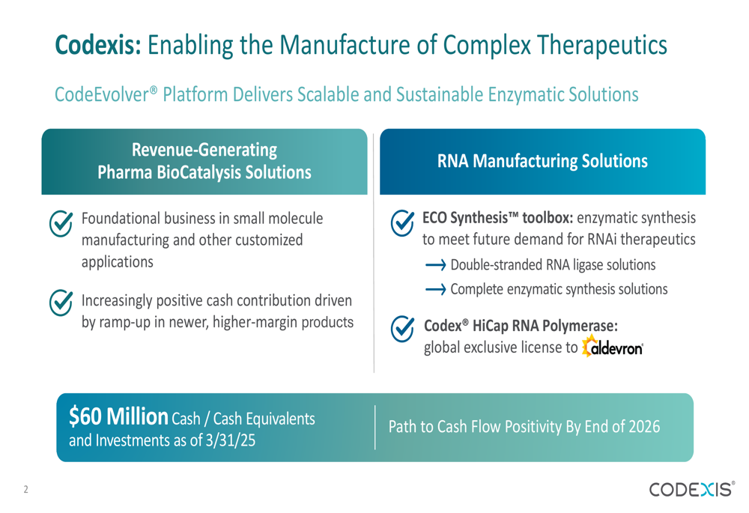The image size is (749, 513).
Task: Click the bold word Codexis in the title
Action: [x=97, y=46]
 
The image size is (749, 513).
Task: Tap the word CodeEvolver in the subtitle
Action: [x=102, y=94]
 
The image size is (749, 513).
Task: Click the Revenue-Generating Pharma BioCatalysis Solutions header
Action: [x=204, y=162]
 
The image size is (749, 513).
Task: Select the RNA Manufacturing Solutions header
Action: [x=542, y=162]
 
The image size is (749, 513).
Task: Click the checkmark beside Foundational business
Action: [x=61, y=223]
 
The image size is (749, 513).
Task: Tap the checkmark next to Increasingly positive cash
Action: [x=61, y=303]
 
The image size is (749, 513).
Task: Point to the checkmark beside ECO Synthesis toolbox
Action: [x=403, y=223]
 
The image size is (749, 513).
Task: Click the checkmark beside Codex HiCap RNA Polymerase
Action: [x=403, y=329]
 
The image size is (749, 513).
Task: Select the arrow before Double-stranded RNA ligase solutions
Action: [x=435, y=265]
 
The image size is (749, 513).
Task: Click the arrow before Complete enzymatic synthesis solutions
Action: [x=435, y=290]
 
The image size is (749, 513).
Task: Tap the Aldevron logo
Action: [x=613, y=346]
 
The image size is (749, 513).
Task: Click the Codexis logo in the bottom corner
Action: [x=691, y=489]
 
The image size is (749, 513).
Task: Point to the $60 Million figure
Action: [x=118, y=416]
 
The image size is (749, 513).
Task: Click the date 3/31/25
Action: [x=230, y=440]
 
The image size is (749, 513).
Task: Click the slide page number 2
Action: [x=25, y=490]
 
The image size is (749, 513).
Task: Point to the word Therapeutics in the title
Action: [x=602, y=46]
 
